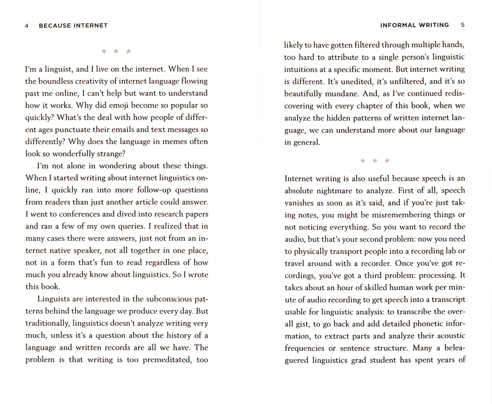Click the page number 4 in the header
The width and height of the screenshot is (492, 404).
tap(27, 26)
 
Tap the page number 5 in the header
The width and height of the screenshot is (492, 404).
tap(463, 25)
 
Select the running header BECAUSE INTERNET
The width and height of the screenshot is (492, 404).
tap(73, 26)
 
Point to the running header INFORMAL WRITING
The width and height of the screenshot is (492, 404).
tap(414, 25)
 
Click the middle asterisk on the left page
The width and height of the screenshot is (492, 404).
tap(116, 51)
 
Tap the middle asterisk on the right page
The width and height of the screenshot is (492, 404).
tap(375, 161)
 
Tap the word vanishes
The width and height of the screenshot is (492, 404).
tap(299, 203)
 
